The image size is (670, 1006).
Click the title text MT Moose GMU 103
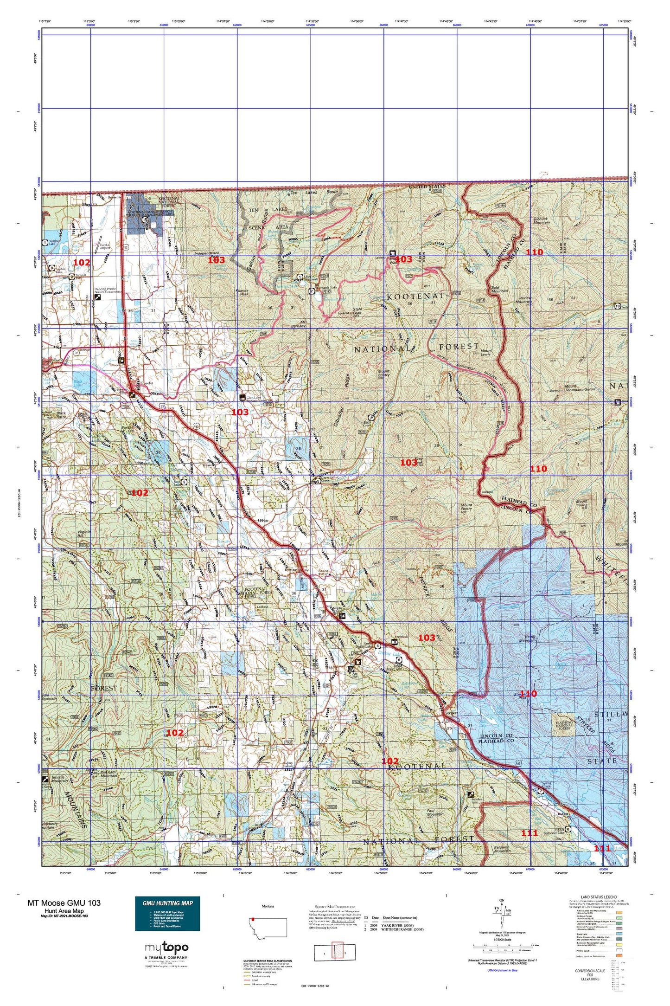(x=64, y=903)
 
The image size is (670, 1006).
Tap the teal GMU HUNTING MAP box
(x=167, y=913)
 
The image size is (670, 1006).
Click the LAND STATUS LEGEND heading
(x=599, y=897)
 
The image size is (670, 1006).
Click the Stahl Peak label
(x=359, y=311)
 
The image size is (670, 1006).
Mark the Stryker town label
(x=451, y=713)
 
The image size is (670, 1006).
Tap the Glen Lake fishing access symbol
(x=242, y=397)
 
